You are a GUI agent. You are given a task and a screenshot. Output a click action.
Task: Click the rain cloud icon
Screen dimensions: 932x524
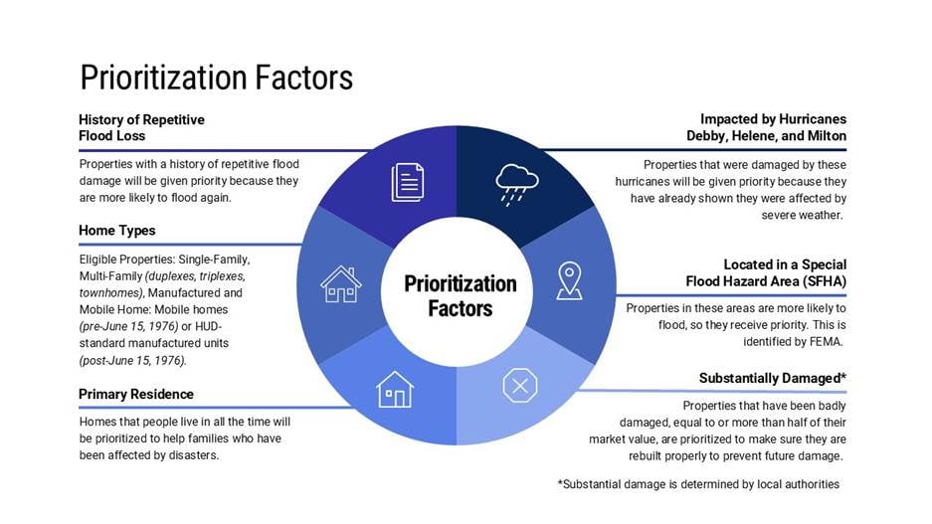click(x=517, y=184)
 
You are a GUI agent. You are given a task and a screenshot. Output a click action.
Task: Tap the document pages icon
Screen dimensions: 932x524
click(x=408, y=182)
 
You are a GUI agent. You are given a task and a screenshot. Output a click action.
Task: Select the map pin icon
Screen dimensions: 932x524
click(x=569, y=280)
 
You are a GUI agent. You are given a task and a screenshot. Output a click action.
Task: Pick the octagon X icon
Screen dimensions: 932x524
click(x=520, y=386)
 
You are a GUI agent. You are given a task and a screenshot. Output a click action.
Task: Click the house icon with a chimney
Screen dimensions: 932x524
click(x=340, y=284)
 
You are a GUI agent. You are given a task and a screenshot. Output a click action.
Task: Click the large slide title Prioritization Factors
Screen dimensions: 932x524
click(x=217, y=78)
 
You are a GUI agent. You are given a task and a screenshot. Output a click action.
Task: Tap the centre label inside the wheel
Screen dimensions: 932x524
click(x=461, y=296)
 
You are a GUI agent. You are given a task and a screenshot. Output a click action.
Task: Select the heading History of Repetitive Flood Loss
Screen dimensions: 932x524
click(x=141, y=127)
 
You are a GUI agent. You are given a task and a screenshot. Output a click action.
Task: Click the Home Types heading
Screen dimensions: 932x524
click(x=117, y=231)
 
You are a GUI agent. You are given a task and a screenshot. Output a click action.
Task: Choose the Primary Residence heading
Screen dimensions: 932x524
click(x=136, y=394)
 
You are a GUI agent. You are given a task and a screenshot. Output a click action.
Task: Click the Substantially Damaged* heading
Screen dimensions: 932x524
click(x=773, y=379)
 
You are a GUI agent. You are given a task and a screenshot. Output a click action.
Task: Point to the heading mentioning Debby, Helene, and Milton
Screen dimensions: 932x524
click(x=767, y=127)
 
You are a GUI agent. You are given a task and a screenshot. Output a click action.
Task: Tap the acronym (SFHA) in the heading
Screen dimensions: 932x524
click(x=825, y=281)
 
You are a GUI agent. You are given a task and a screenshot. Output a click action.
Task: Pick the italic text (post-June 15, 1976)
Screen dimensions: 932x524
click(x=132, y=360)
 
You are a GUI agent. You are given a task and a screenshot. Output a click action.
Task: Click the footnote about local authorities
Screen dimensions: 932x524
click(x=698, y=484)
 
